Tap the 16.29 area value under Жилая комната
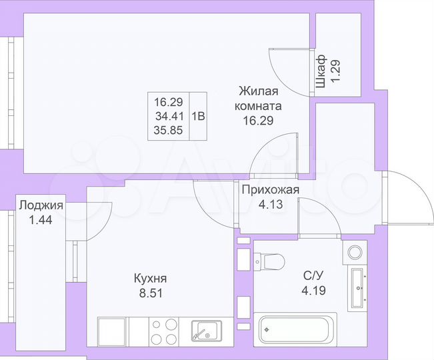tap(257, 121)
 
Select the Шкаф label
tap(321, 71)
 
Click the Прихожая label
tap(271, 191)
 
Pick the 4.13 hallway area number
tap(271, 205)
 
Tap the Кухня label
tap(149, 279)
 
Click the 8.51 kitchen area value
tap(149, 292)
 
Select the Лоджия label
tap(41, 205)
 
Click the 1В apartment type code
tap(199, 115)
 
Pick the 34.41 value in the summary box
tap(168, 115)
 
